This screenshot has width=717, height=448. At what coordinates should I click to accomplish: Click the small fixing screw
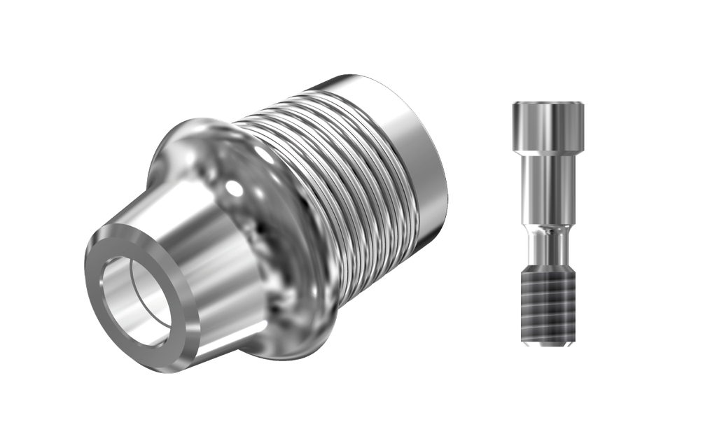tap(548, 224)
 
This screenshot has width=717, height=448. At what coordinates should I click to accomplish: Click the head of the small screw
tap(548, 126)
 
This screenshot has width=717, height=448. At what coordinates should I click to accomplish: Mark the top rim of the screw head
tap(548, 104)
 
